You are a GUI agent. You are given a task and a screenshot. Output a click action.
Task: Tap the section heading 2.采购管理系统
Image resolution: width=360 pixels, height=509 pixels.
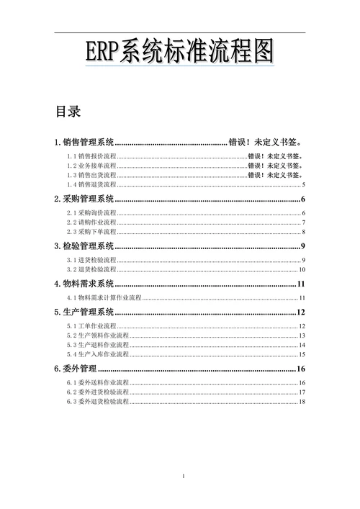coord(84,199)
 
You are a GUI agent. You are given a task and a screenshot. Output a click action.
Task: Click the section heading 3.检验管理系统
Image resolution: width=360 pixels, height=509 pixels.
coord(84,246)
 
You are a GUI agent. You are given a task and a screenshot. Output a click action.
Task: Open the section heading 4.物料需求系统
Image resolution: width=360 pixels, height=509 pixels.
coord(84,284)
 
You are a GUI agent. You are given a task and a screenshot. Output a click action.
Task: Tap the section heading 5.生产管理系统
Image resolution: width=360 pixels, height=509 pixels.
coord(84,312)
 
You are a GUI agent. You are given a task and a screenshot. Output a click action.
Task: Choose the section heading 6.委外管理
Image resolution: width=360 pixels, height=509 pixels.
coord(76,369)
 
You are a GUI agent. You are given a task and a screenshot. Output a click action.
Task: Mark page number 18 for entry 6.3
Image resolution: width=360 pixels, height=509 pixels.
coord(302,402)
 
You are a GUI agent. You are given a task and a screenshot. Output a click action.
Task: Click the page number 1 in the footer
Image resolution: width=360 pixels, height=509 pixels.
coord(184,477)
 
